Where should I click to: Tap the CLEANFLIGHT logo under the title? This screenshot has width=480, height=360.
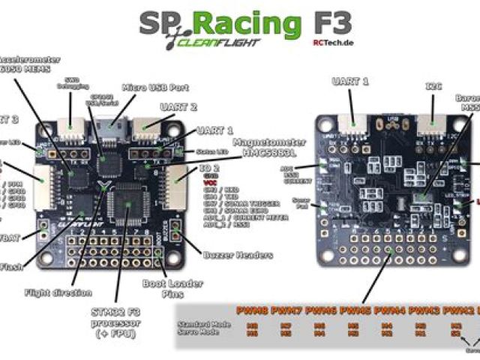217,43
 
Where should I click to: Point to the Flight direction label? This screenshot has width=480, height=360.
58,292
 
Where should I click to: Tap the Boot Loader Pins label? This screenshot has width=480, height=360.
163,289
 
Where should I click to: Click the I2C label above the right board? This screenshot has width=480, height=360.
434,86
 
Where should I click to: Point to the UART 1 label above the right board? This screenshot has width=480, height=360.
349,81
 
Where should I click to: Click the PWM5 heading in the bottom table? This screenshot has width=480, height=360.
355,310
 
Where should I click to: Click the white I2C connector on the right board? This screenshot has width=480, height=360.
429,124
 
